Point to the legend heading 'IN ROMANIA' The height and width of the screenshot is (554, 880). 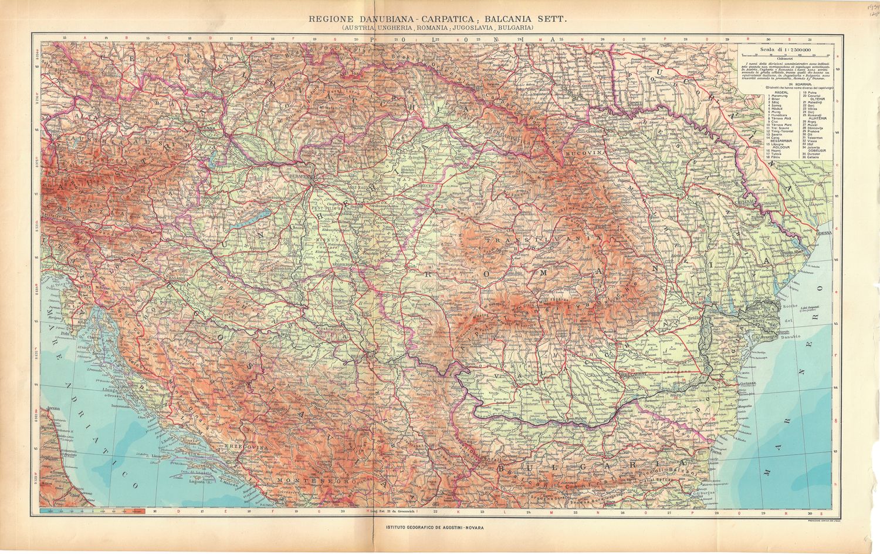[784, 83]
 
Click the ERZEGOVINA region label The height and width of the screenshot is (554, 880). [249, 448]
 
